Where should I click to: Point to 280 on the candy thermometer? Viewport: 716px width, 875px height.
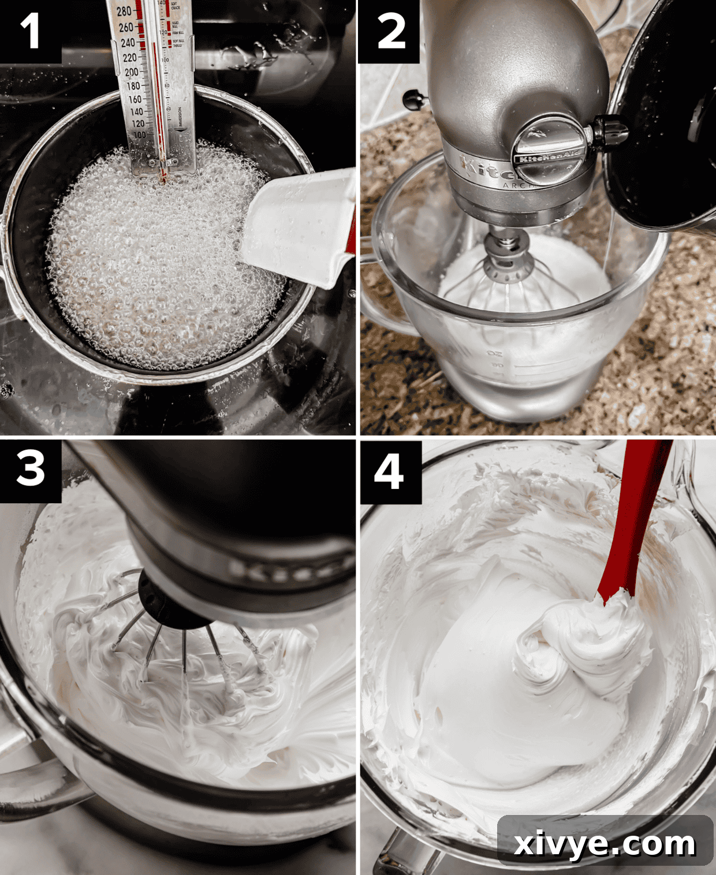click(x=124, y=12)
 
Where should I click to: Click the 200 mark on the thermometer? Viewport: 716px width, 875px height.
click(x=131, y=72)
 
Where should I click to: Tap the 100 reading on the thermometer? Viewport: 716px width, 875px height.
click(x=139, y=134)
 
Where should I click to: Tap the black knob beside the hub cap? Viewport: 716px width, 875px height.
click(x=610, y=130)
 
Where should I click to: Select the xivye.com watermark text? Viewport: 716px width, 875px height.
click(x=605, y=844)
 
